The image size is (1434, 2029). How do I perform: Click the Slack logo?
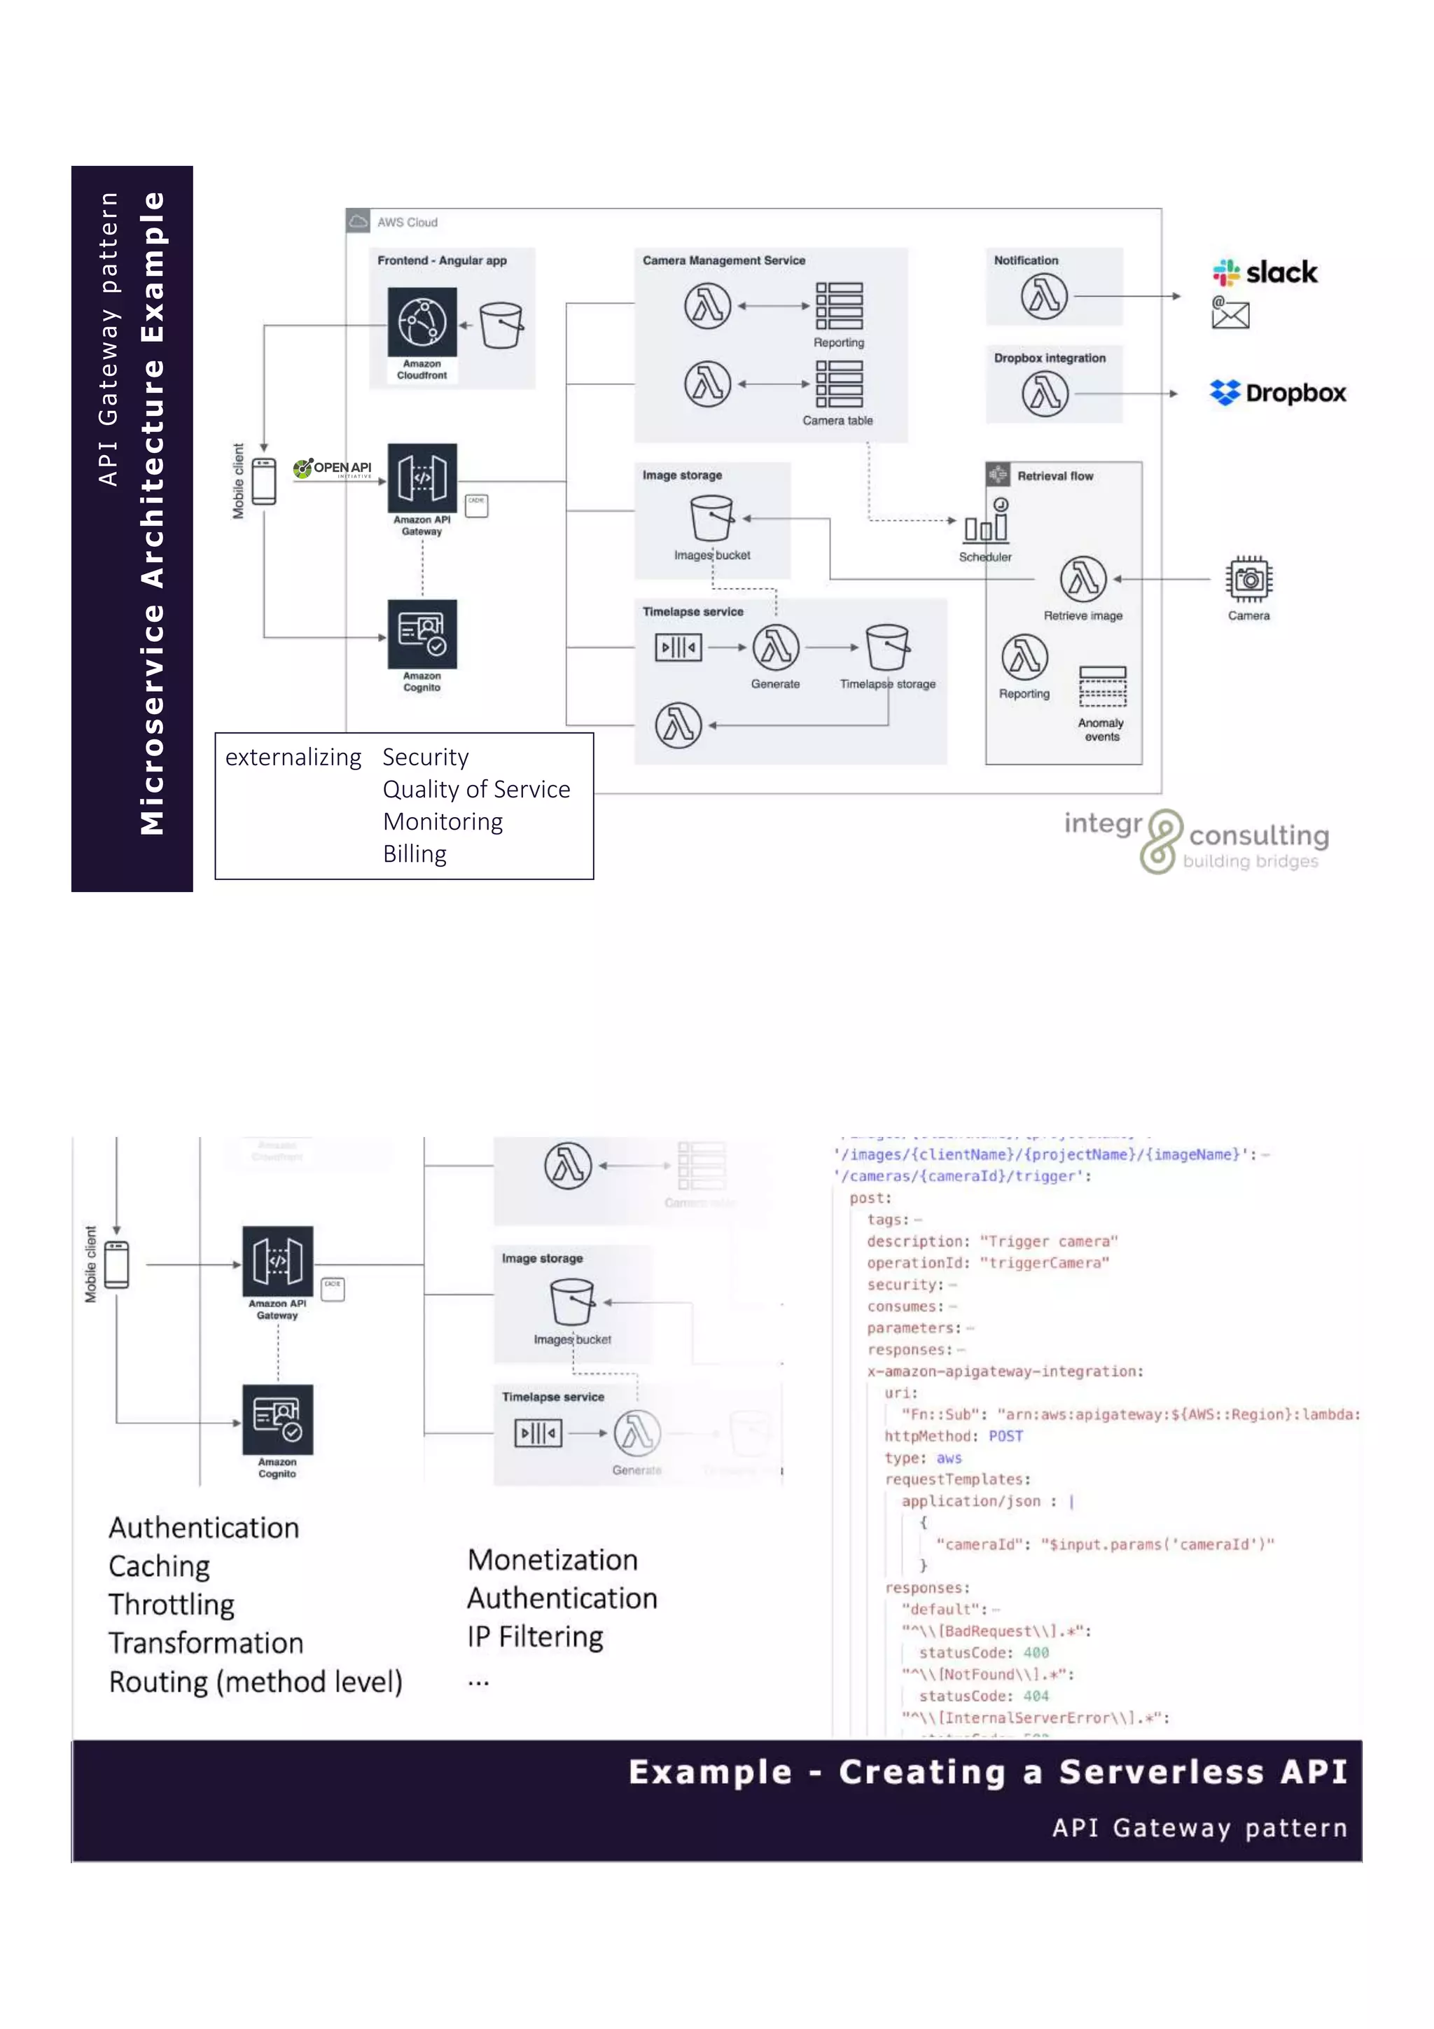[x=1265, y=272]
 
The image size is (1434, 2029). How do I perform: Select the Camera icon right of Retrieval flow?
[x=1248, y=580]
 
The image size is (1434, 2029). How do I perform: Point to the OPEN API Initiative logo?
[x=334, y=468]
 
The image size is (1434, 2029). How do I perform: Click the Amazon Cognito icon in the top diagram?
[x=422, y=634]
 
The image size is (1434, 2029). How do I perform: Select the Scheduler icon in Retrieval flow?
[x=986, y=522]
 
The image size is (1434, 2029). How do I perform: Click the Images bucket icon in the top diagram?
[x=711, y=518]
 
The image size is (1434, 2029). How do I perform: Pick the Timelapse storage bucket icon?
[x=887, y=647]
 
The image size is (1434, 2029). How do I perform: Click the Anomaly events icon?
[x=1102, y=687]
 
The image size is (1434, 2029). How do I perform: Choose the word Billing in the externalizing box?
[x=415, y=853]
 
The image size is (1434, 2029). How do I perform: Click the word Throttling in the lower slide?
[x=172, y=1604]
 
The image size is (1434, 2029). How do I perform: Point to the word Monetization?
[x=552, y=1560]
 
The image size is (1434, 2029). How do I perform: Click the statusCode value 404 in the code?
[x=1036, y=1696]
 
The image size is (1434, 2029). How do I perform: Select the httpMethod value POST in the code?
[x=1005, y=1436]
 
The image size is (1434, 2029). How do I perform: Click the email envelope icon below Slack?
[x=1230, y=313]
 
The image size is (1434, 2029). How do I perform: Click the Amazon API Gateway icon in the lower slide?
[x=277, y=1261]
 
